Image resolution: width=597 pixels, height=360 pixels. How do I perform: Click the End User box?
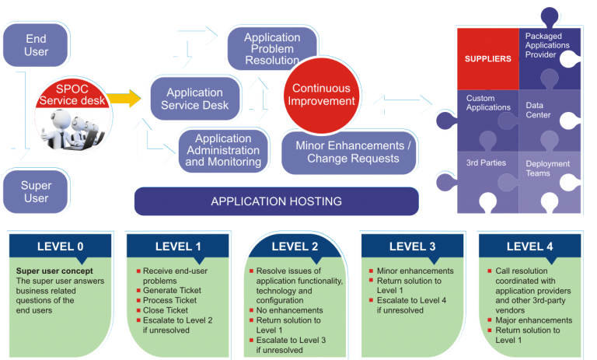point(36,45)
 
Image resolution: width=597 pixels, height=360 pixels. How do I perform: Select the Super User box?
point(36,191)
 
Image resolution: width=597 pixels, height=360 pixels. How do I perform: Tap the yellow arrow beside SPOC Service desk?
point(124,99)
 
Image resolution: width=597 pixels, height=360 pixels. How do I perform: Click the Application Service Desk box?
point(195,99)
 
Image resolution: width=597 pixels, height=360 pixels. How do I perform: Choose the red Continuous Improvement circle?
point(322,95)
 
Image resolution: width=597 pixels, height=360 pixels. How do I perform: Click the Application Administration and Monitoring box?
point(224,150)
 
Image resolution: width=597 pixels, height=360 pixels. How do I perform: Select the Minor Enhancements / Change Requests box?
point(349,152)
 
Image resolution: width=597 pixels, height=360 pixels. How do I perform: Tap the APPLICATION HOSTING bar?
point(277,201)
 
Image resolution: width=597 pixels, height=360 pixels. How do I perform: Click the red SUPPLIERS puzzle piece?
point(488,58)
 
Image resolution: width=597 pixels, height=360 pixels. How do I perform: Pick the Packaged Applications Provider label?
point(547,45)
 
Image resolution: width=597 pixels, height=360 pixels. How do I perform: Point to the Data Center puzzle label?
point(538,110)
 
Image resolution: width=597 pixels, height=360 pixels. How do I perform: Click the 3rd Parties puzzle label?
point(486,163)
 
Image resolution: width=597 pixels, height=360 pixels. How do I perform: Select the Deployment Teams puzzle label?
point(547,169)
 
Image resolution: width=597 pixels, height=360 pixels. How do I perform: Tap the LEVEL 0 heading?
point(60,246)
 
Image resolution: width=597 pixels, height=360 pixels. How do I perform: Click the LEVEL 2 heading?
point(295,246)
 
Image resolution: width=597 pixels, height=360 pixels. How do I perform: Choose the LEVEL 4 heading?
point(529,246)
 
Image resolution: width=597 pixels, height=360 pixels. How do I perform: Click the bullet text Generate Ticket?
point(172,290)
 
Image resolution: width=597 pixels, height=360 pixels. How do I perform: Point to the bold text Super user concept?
point(54,271)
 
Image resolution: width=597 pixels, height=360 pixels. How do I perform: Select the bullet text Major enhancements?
point(534,320)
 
